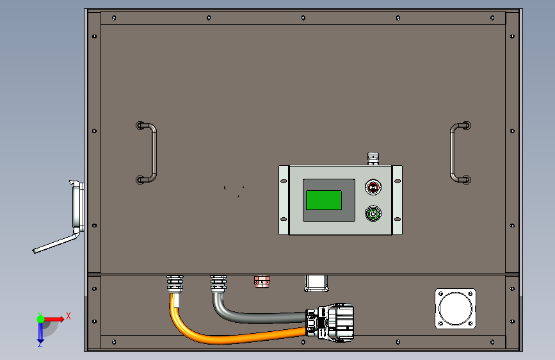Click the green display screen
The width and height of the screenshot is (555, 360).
[x=323, y=200]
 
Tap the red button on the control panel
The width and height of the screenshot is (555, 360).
[x=373, y=187]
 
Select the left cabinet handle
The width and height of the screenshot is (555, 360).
[x=153, y=152]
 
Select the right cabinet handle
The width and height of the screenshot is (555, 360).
[x=453, y=152]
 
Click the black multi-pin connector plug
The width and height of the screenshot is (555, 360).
[x=330, y=322]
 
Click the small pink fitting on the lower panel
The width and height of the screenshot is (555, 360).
[x=262, y=282]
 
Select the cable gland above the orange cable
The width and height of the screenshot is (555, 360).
[x=175, y=284]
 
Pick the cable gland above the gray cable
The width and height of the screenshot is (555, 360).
[x=218, y=284]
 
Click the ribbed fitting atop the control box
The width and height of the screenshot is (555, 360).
[x=373, y=159]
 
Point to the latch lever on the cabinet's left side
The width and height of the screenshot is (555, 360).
[x=56, y=244]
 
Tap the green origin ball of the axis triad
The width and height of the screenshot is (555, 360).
[x=40, y=319]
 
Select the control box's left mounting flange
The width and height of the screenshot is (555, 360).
[x=284, y=200]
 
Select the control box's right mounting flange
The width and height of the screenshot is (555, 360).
[x=397, y=200]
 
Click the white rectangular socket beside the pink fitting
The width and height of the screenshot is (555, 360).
[x=316, y=284]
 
